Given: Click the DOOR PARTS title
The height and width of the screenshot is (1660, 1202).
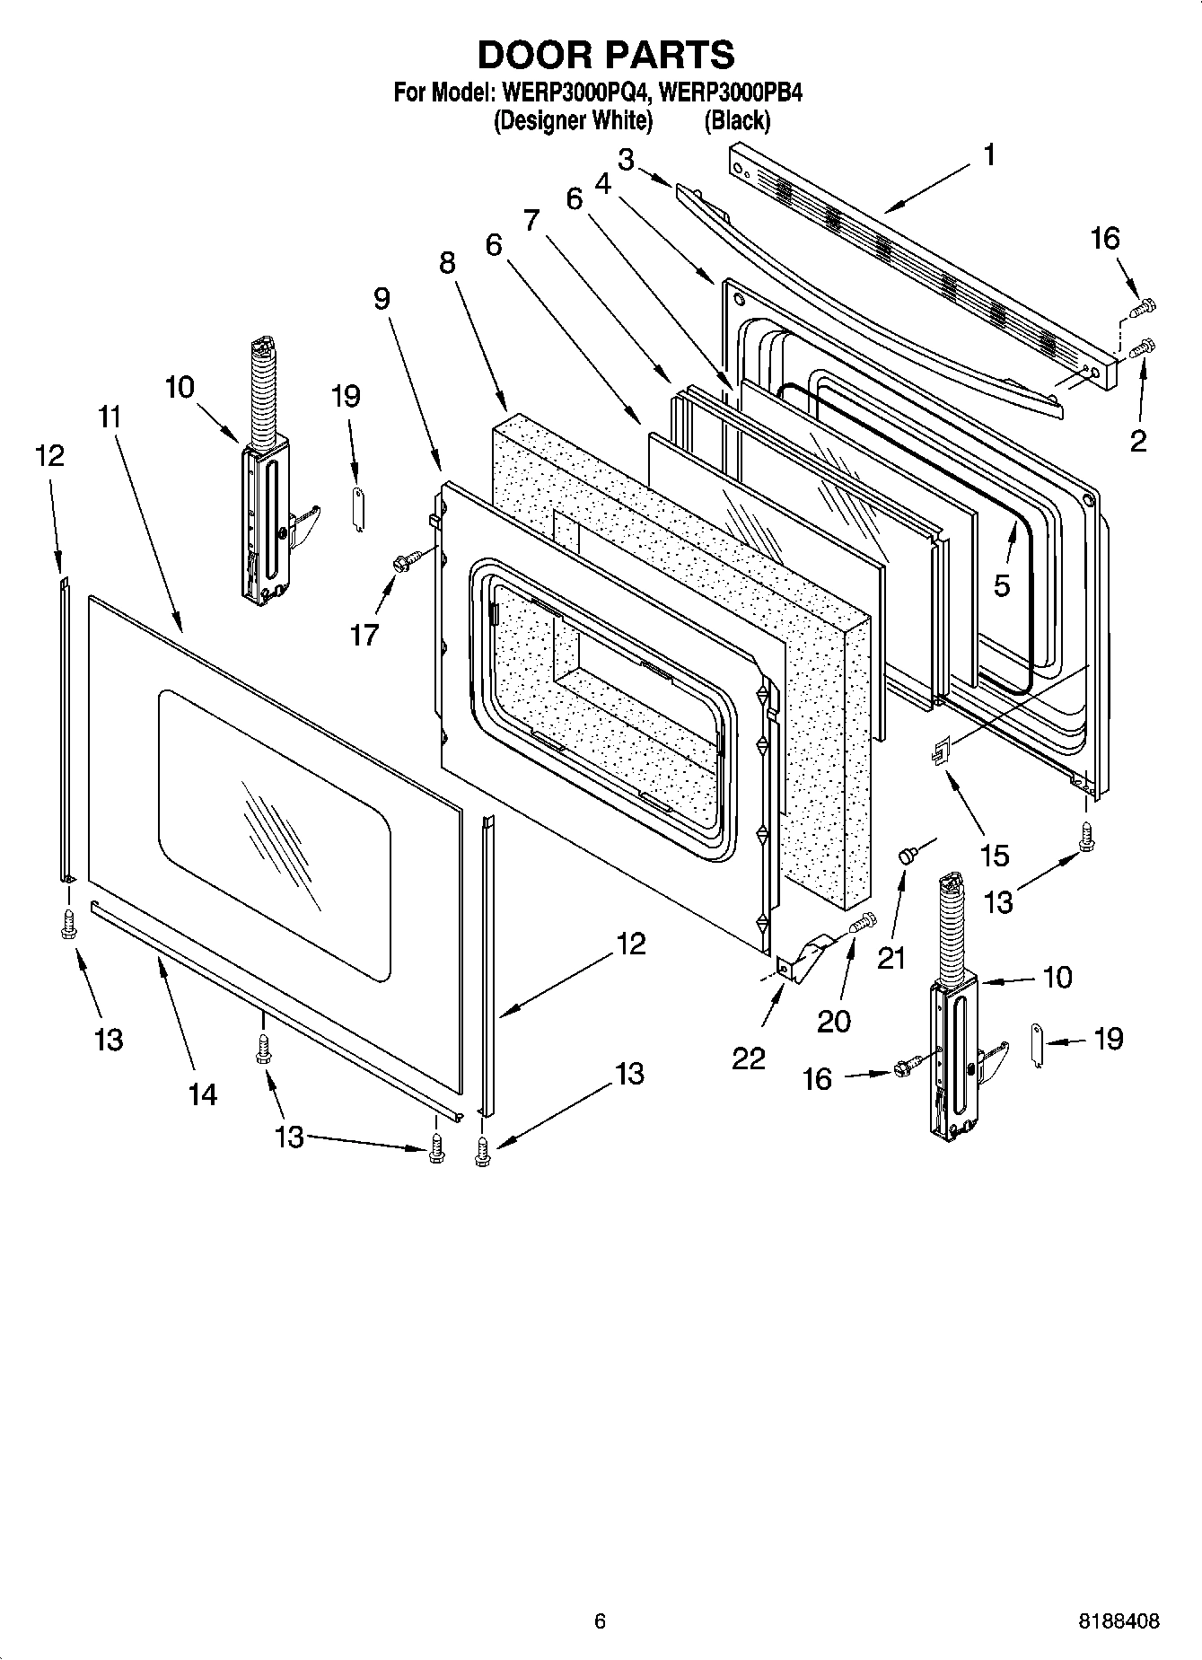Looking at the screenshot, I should coord(606,56).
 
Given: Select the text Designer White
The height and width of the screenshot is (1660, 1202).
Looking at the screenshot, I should coord(573,119).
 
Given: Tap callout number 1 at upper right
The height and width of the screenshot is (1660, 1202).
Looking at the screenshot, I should coord(988,155).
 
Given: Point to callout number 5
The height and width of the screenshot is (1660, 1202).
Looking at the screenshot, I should coord(1001,585).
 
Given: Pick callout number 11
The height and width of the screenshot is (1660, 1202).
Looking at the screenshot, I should coord(110,417).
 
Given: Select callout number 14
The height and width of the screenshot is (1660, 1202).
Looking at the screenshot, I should coord(203,1093).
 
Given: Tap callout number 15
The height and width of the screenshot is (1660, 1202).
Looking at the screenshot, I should coord(994,855).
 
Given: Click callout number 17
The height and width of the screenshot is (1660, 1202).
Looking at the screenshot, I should coord(364,635).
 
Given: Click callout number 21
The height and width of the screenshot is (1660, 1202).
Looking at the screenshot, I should coord(891,958).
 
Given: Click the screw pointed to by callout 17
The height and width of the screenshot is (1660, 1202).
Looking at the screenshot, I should coord(400,562).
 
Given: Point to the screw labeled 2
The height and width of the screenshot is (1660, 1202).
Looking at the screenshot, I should coord(1144,347).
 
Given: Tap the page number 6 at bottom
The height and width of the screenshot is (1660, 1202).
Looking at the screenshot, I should coord(600,1621).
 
